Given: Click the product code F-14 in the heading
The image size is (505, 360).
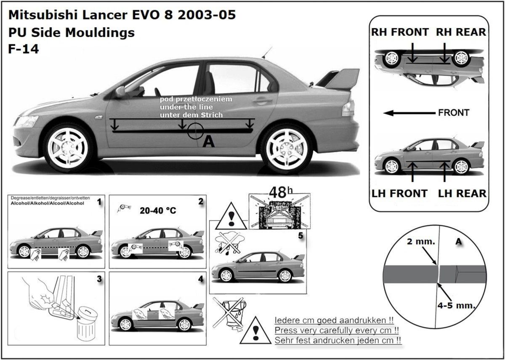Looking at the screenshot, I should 24,49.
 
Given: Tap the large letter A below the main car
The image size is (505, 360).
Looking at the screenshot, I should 208,143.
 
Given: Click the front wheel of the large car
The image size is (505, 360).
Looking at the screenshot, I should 69,147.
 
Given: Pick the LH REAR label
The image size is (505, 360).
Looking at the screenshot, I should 462,193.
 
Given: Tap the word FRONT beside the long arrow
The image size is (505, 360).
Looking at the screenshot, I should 454,113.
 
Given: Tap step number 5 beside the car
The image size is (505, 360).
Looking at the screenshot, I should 300,236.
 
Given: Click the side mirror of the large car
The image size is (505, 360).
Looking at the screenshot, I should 120,91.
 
